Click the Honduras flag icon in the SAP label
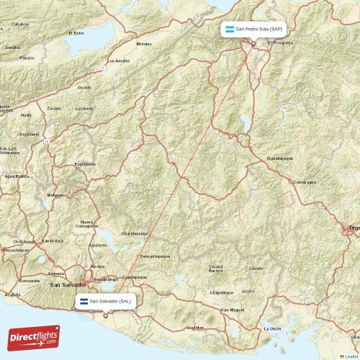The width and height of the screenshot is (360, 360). (228, 30)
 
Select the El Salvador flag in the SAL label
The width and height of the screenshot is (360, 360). (84, 301)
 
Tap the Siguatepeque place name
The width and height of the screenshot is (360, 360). (279, 156)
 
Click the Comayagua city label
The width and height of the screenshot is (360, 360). (305, 182)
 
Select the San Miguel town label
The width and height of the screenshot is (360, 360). (232, 310)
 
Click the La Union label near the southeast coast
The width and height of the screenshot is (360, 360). (272, 328)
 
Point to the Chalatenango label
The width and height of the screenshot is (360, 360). (134, 233)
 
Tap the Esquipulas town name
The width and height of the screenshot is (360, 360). (84, 163)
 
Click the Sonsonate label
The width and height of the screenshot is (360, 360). (30, 280)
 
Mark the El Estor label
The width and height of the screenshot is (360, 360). (76, 33)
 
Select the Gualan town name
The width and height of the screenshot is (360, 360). (85, 87)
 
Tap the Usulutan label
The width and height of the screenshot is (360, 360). (195, 328)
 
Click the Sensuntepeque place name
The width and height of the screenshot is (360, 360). (155, 256)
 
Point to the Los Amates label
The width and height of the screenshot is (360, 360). (118, 61)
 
